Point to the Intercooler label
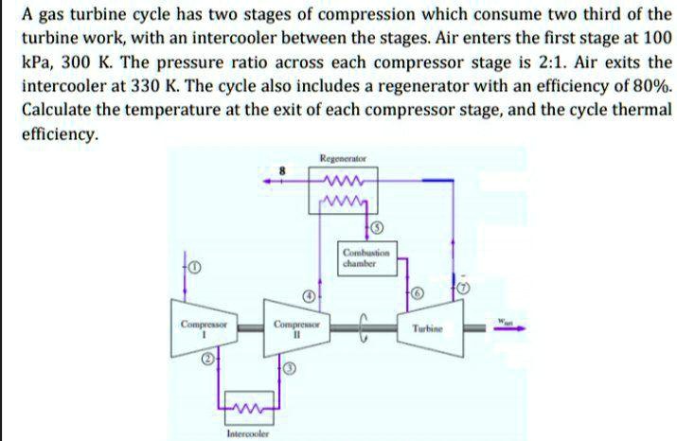(247, 434)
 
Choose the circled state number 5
(377, 227)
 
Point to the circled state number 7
(463, 286)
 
